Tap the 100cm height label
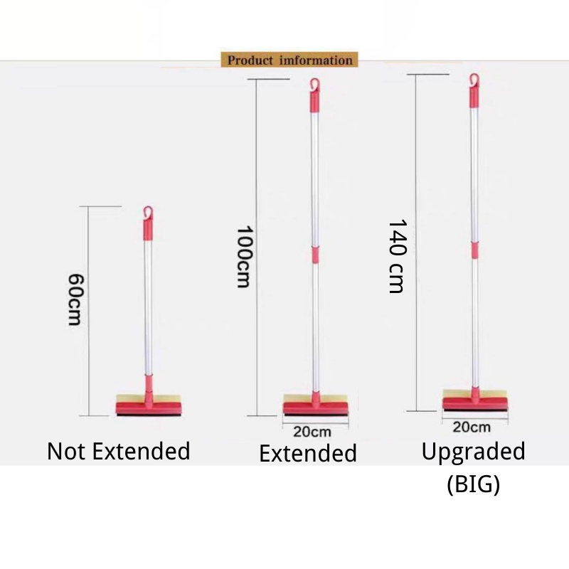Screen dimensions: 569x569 tap(244, 257)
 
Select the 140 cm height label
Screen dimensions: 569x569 tap(397, 255)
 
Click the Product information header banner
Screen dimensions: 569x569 tap(290, 60)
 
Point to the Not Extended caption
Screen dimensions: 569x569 tap(119, 451)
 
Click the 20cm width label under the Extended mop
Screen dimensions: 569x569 tap(312, 431)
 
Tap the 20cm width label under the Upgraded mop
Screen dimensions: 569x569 tap(472, 427)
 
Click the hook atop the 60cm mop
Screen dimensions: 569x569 tap(147, 212)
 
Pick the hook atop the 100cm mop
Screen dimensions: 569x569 tap(314, 85)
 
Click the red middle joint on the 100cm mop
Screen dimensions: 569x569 tap(314, 255)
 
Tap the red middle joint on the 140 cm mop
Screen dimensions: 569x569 tap(474, 250)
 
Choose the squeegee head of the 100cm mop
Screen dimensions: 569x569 tap(316, 406)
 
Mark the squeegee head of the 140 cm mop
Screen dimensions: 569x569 tap(476, 402)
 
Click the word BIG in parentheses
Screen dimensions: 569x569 tap(474, 485)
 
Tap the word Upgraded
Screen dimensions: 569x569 tap(474, 452)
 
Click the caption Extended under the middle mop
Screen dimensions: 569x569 tap(308, 453)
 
